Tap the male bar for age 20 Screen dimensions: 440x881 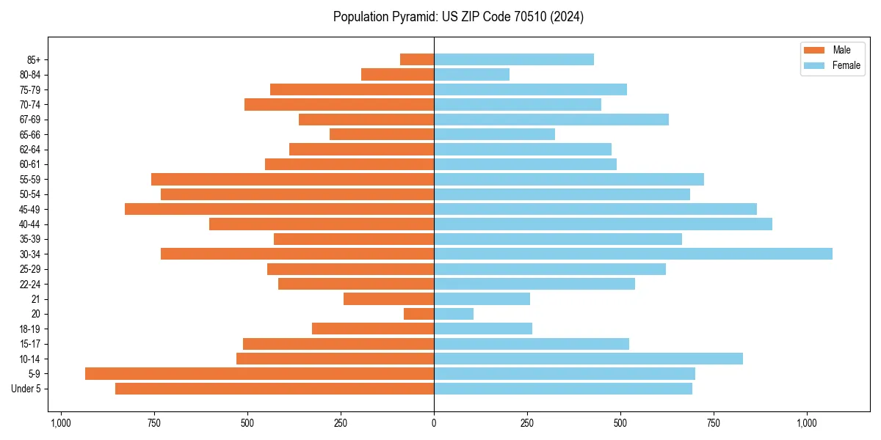pyautogui.click(x=418, y=314)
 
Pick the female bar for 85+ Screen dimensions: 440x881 pyautogui.click(x=514, y=59)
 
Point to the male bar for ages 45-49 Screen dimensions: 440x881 pyautogui.click(x=279, y=209)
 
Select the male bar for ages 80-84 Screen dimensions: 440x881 pyautogui.click(x=397, y=74)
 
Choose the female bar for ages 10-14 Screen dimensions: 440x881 pyautogui.click(x=588, y=359)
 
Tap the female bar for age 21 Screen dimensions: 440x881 pyautogui.click(x=482, y=298)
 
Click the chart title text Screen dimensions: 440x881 pyautogui.click(x=458, y=17)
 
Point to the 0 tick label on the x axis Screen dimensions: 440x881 pyautogui.click(x=434, y=423)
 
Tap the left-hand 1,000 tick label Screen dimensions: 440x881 pyautogui.click(x=60, y=423)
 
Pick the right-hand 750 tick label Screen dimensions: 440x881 pyautogui.click(x=714, y=423)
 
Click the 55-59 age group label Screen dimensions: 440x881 pyautogui.click(x=35, y=179)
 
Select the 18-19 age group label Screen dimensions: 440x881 pyautogui.click(x=35, y=329)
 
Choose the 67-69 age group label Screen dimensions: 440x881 pyautogui.click(x=35, y=120)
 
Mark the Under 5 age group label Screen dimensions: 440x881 pyautogui.click(x=26, y=389)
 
